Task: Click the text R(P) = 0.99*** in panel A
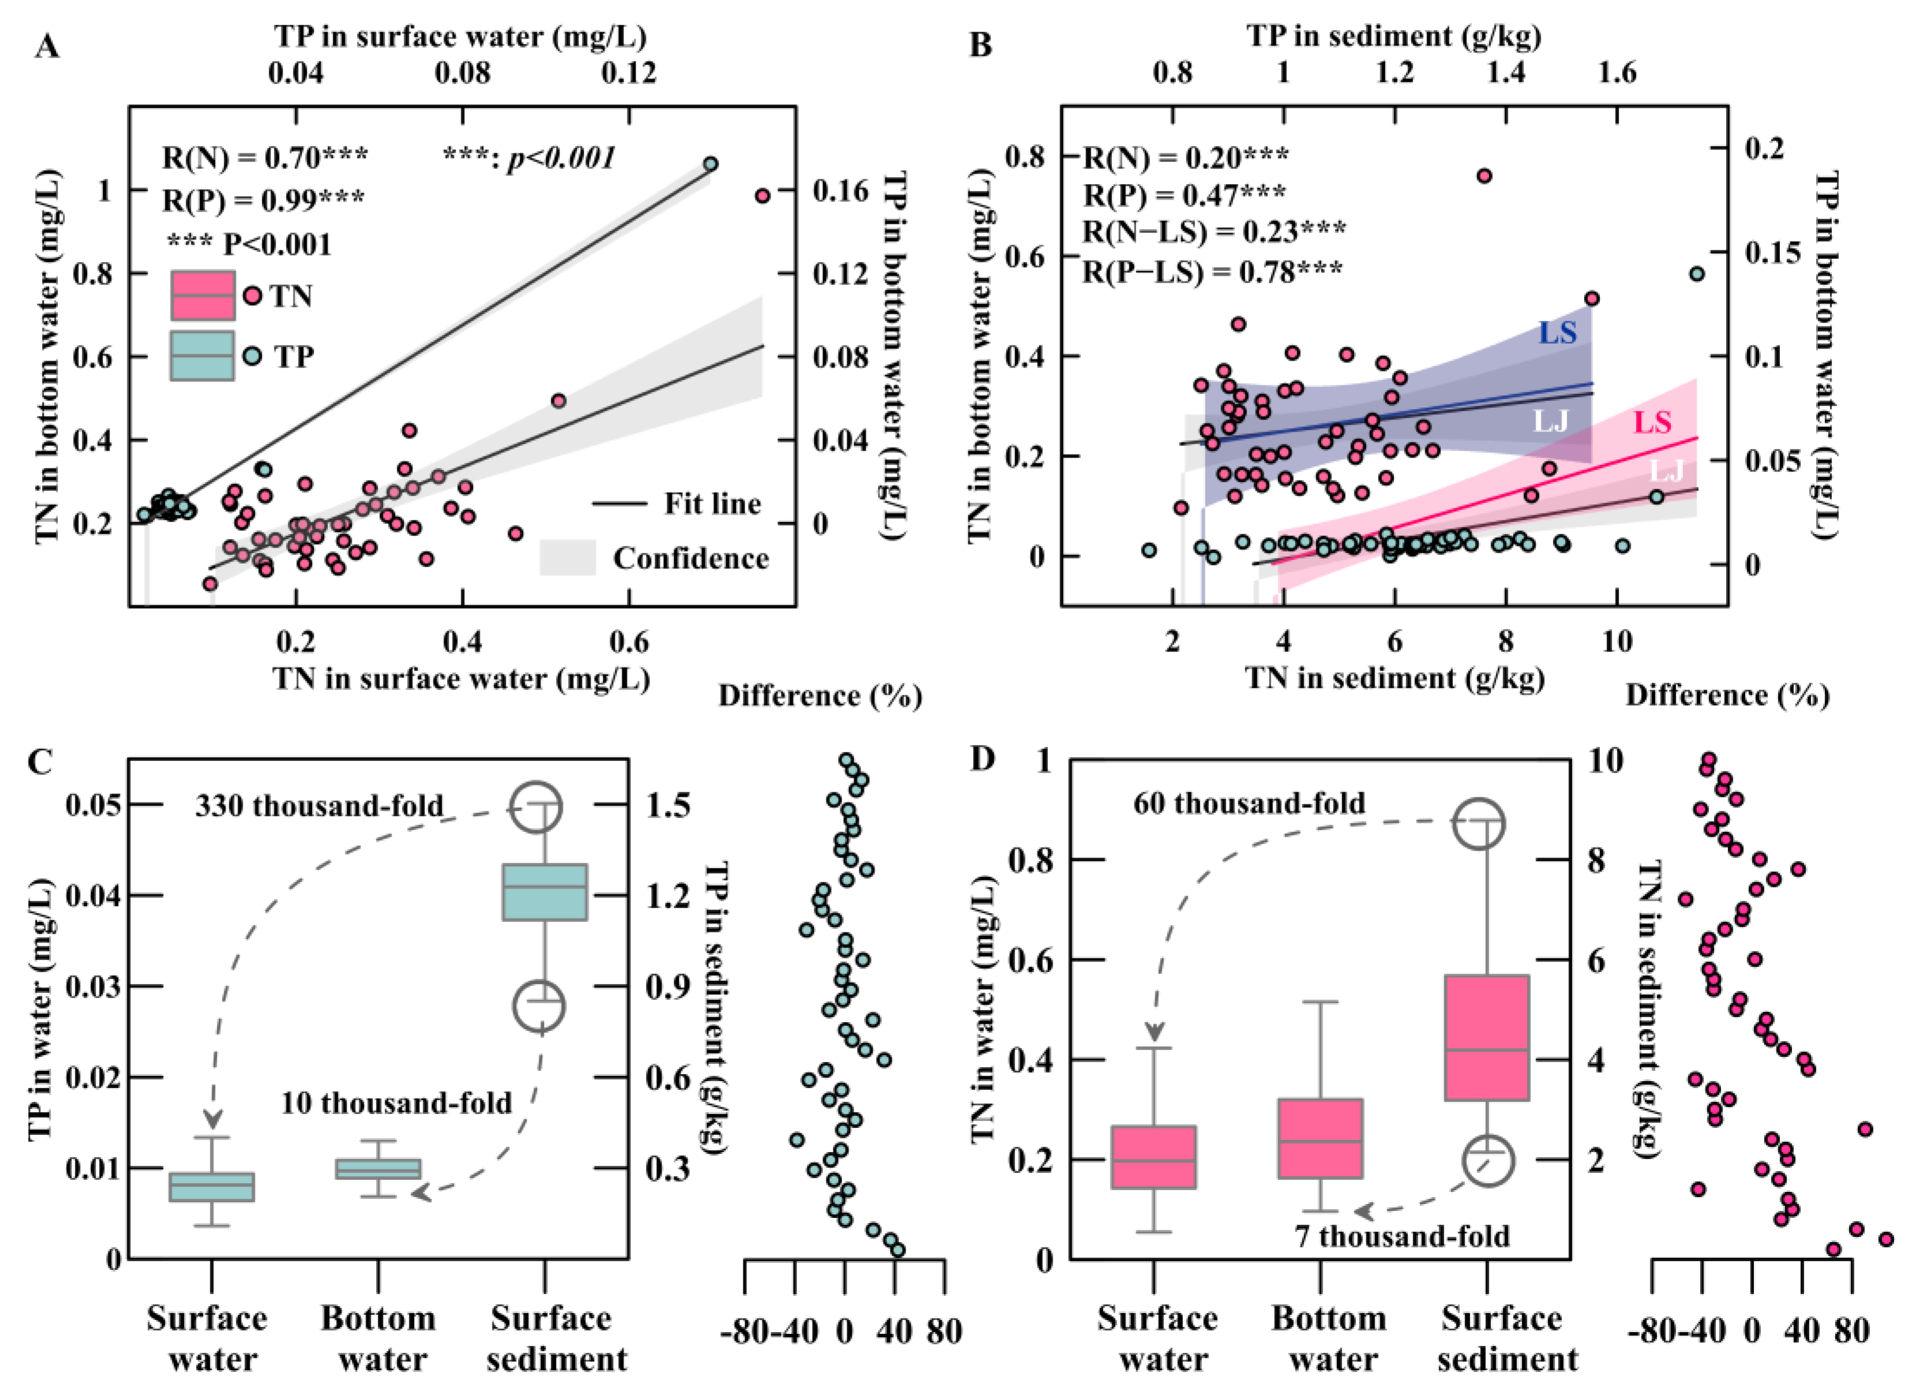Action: (263, 200)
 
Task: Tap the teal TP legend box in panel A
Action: (203, 356)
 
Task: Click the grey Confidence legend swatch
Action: (568, 558)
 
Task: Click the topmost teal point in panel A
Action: (711, 163)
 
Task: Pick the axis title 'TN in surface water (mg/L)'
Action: (461, 678)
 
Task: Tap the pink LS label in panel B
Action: (1652, 422)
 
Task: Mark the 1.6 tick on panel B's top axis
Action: (1617, 73)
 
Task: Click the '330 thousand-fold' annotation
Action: (320, 805)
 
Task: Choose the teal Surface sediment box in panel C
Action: (545, 891)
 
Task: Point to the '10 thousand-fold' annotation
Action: (396, 1102)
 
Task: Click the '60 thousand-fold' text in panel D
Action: (1249, 802)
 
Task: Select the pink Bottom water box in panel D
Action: (1320, 1138)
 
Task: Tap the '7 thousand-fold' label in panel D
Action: (1402, 1236)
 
